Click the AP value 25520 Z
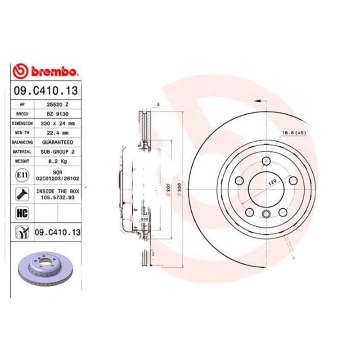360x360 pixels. point(58,104)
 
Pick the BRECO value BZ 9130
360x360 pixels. point(58,113)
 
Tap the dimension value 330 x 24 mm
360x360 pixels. point(58,123)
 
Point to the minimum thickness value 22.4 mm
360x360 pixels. point(58,133)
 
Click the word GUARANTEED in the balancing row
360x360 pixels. point(58,142)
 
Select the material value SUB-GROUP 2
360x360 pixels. point(58,152)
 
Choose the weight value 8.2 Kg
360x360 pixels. point(58,161)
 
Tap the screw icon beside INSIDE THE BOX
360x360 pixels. point(22,194)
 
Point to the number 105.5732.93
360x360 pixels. point(58,198)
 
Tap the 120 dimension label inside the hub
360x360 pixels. point(272,182)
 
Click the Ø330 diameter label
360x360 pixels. point(179,189)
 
